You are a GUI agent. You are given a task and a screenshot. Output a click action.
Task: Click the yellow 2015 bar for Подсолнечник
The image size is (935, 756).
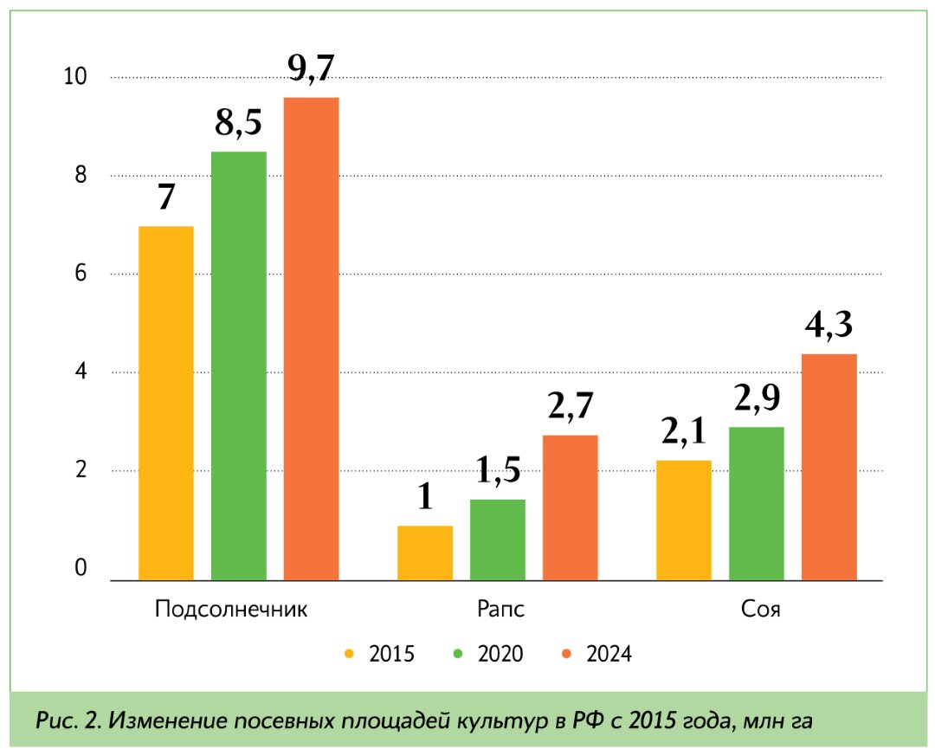point(165,403)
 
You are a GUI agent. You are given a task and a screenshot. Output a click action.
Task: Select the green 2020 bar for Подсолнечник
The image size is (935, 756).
point(238,365)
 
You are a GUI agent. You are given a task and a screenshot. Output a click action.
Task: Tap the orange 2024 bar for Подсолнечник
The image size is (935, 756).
point(311,339)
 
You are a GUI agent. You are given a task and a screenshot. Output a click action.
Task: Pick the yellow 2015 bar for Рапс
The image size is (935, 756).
point(425,552)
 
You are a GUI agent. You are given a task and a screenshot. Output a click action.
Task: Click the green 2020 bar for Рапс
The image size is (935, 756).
point(498,540)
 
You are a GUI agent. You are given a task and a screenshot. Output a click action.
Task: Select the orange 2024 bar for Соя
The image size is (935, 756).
point(829,467)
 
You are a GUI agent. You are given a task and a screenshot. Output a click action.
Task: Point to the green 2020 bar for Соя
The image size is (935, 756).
point(757,503)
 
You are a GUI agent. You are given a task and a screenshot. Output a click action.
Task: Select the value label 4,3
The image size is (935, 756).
point(829,326)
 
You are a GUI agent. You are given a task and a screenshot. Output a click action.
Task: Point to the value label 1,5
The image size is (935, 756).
point(498,472)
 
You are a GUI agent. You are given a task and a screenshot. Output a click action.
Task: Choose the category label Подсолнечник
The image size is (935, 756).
point(231,608)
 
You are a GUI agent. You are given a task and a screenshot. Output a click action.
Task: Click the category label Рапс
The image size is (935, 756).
point(500,608)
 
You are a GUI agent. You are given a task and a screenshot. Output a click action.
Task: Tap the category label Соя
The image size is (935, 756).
point(761,608)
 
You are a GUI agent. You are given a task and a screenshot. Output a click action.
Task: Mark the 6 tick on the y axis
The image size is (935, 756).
point(81,274)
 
